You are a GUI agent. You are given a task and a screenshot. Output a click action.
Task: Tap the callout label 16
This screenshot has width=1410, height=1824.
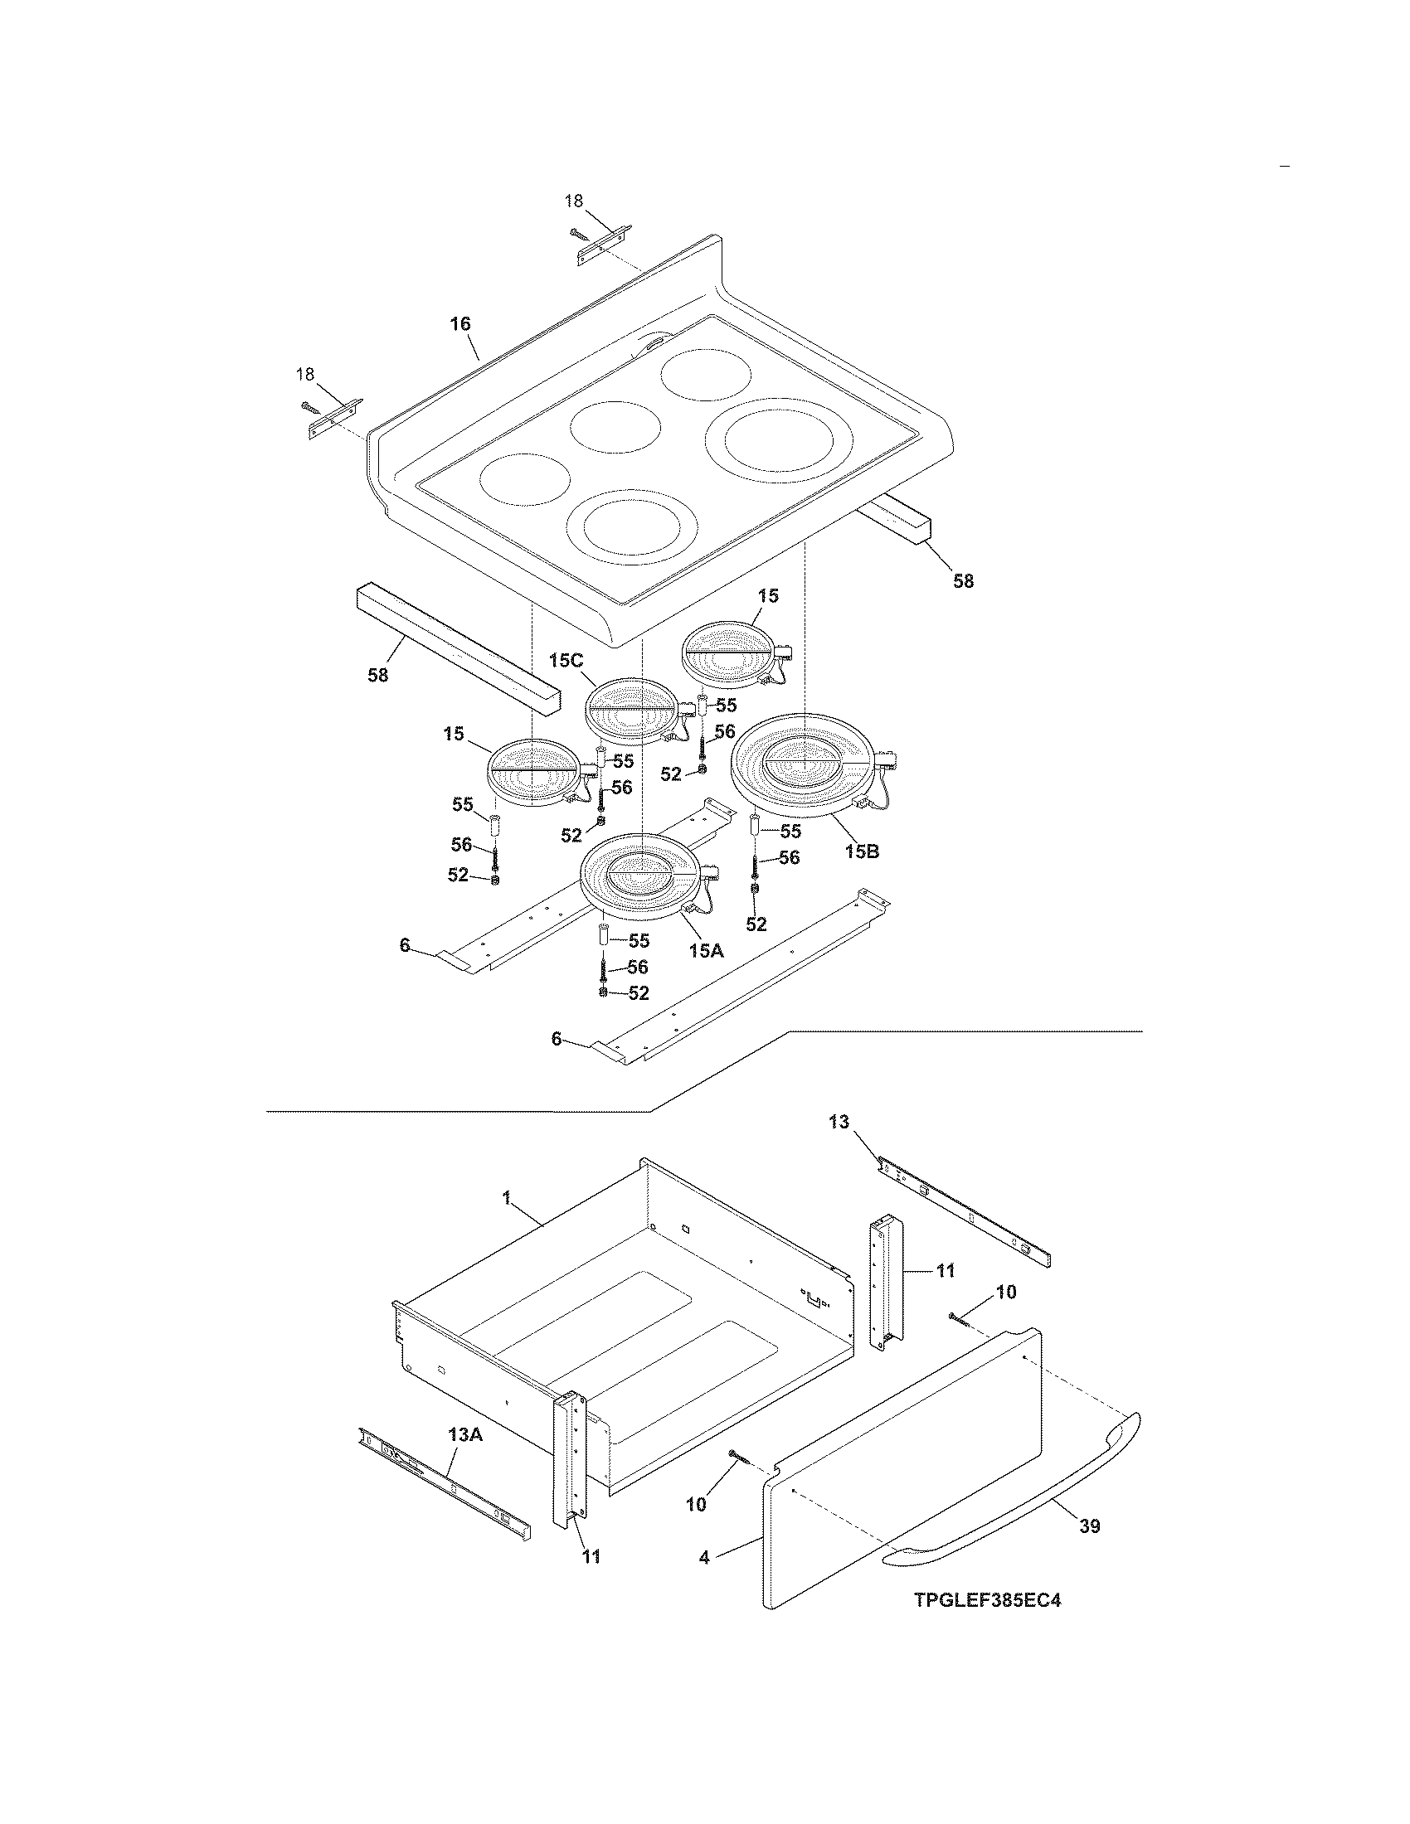click(x=460, y=323)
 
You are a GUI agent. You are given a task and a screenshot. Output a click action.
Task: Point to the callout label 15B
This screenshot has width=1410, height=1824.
click(x=861, y=851)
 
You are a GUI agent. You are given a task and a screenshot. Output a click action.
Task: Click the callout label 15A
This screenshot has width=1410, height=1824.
click(x=706, y=949)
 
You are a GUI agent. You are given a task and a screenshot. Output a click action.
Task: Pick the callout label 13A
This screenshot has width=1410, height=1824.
click(x=465, y=1435)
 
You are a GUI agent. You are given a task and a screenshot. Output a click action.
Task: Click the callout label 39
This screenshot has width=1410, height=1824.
click(x=1089, y=1526)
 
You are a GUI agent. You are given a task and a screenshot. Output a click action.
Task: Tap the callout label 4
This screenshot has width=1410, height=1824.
click(x=705, y=1558)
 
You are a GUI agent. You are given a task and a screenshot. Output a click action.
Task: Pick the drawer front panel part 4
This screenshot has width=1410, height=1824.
click(x=902, y=1470)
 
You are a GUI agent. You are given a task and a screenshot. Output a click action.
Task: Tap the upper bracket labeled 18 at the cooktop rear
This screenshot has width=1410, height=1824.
click(x=603, y=247)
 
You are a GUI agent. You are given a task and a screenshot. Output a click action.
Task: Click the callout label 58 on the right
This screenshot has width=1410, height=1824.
click(x=963, y=581)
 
